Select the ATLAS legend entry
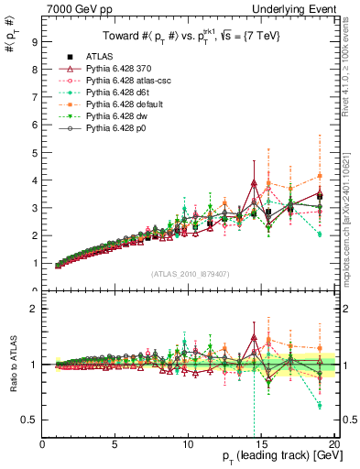pyautogui.click(x=100, y=56)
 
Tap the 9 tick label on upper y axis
pyautogui.click(x=34, y=41)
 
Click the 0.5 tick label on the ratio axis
pyautogui.click(x=30, y=420)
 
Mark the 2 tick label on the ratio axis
pyautogui.click(x=34, y=309)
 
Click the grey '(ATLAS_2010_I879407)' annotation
pyautogui.click(x=191, y=274)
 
